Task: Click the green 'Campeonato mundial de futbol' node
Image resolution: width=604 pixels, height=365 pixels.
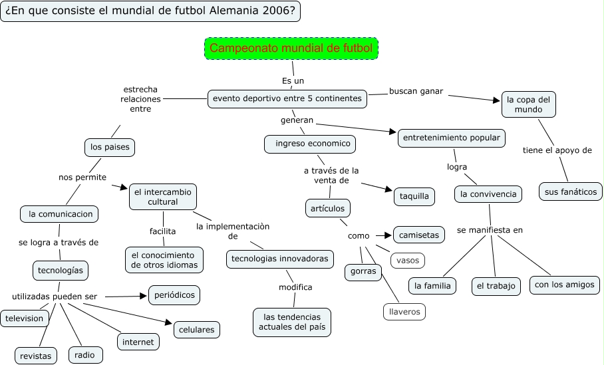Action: click(291, 49)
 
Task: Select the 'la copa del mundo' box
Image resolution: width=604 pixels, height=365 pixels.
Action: click(528, 104)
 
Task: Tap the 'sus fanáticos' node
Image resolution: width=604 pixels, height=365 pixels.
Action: click(570, 191)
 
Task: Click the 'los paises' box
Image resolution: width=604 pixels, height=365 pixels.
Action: click(110, 146)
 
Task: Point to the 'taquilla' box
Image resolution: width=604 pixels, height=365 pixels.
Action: click(414, 196)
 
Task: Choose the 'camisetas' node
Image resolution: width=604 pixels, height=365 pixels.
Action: click(418, 235)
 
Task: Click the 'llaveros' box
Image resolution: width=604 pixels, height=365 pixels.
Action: click(404, 310)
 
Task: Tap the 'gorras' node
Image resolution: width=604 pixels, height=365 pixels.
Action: click(363, 271)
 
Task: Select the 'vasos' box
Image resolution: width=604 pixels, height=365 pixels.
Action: click(407, 260)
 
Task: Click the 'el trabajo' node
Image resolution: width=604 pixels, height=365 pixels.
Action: click(496, 286)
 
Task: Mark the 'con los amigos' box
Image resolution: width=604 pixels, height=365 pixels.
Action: click(565, 285)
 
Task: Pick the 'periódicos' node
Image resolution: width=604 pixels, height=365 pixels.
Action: click(174, 295)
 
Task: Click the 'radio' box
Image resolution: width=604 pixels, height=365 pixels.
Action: click(84, 355)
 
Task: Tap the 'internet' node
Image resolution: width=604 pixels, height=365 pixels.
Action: click(138, 342)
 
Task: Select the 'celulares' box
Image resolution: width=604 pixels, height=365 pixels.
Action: click(196, 328)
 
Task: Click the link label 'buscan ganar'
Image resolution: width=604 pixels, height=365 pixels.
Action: click(416, 91)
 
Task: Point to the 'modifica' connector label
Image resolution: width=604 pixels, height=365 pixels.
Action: click(295, 287)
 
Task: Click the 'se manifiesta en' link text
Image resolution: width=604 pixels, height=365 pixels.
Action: click(490, 230)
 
